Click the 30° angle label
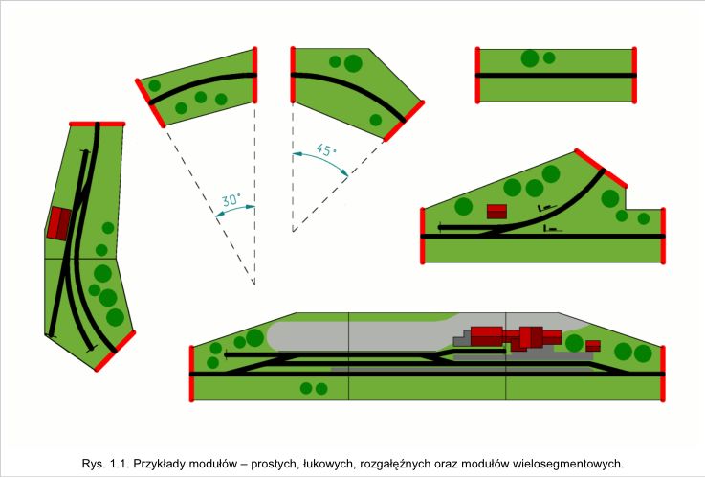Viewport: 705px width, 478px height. (231, 200)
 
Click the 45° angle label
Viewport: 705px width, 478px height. (326, 149)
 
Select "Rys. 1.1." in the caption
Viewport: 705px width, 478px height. (105, 463)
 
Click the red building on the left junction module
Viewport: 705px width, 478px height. (59, 223)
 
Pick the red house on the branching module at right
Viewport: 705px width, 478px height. (496, 212)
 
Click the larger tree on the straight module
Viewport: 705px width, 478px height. (530, 58)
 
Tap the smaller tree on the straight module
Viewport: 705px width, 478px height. (549, 57)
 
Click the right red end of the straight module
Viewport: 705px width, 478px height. (634, 75)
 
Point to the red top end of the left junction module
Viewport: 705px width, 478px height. (98, 124)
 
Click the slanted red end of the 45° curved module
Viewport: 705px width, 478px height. (404, 121)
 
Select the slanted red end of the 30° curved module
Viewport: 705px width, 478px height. (150, 103)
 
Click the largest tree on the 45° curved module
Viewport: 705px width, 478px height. (353, 63)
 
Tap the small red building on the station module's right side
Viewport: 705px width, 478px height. (593, 346)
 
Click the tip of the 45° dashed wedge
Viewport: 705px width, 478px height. (293, 232)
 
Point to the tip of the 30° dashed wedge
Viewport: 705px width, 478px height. (254, 285)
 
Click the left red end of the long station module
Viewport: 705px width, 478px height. (191, 374)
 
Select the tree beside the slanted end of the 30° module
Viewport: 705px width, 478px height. (155, 85)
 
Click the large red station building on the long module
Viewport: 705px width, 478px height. (517, 336)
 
